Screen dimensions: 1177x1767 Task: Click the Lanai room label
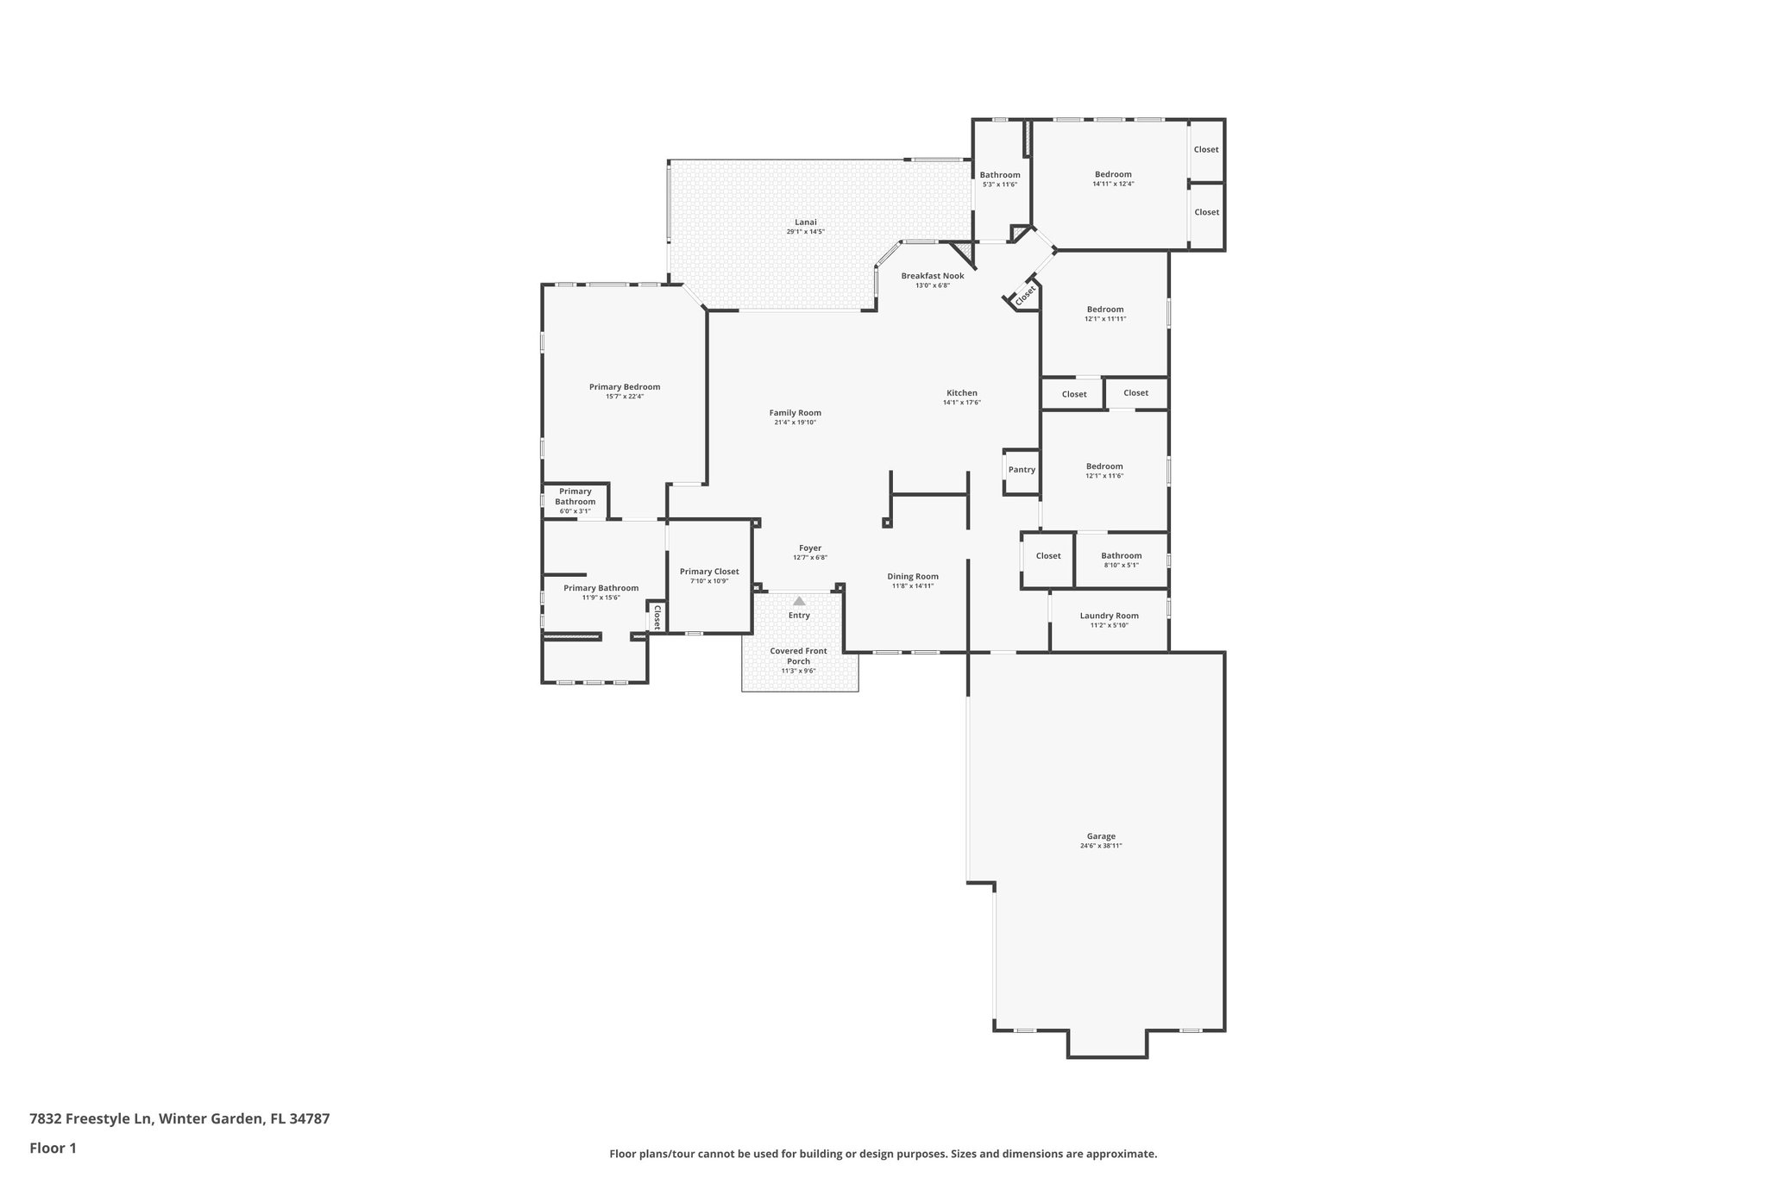pyautogui.click(x=805, y=222)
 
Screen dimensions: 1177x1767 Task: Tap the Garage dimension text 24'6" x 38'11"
pyautogui.click(x=1100, y=846)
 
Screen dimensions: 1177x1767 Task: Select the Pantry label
pyautogui.click(x=1022, y=470)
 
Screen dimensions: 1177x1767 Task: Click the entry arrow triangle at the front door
pyautogui.click(x=799, y=601)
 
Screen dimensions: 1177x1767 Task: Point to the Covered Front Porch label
pyautogui.click(x=798, y=656)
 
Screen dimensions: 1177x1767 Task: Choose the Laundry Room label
pyautogui.click(x=1109, y=616)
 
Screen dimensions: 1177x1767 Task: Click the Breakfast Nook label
pyautogui.click(x=932, y=276)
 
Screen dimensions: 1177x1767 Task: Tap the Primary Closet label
pyautogui.click(x=708, y=572)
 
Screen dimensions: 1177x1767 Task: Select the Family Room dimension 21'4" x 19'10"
pyautogui.click(x=795, y=423)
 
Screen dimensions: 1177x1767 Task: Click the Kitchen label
pyautogui.click(x=961, y=393)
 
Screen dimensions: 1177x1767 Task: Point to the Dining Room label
pyautogui.click(x=913, y=577)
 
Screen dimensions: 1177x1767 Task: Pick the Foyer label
pyautogui.click(x=809, y=548)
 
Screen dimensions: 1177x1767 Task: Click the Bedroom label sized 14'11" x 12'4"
pyautogui.click(x=1113, y=174)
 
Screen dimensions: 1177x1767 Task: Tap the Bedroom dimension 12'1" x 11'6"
pyautogui.click(x=1104, y=476)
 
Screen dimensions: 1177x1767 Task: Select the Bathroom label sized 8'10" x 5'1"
pyautogui.click(x=1121, y=556)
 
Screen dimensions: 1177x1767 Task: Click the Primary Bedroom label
pyautogui.click(x=624, y=387)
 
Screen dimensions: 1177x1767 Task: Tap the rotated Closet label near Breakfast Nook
pyautogui.click(x=1024, y=295)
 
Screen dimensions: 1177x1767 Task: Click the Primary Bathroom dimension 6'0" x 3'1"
pyautogui.click(x=575, y=511)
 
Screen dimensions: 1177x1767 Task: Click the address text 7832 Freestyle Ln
pyautogui.click(x=91, y=1119)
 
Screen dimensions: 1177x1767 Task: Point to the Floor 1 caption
pyautogui.click(x=53, y=1149)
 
